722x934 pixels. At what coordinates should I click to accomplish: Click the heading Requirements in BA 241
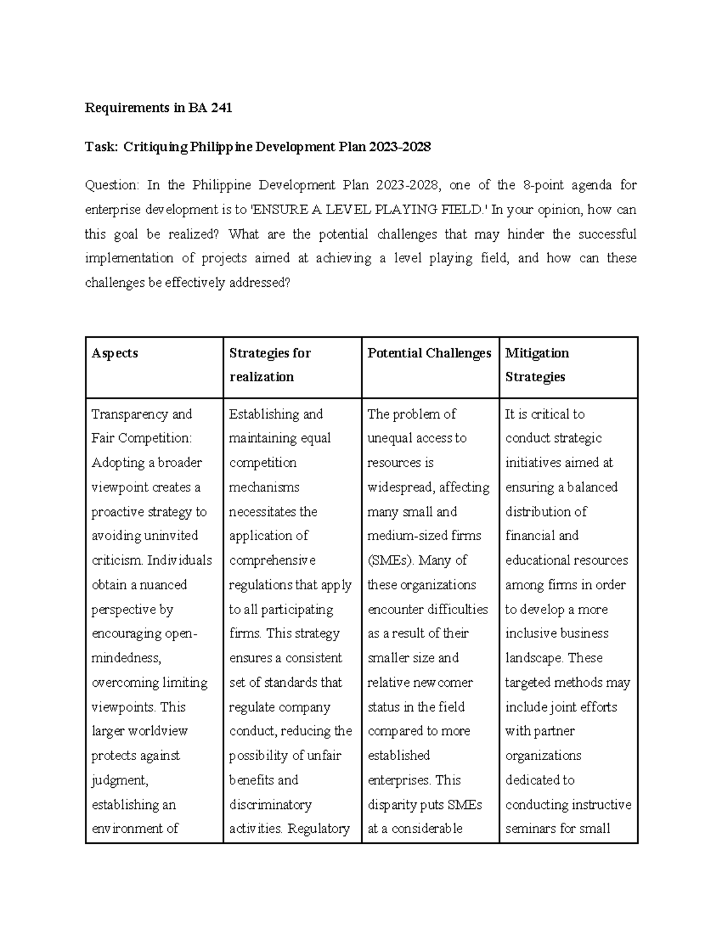tap(158, 108)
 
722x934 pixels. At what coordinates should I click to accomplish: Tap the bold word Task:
tap(102, 147)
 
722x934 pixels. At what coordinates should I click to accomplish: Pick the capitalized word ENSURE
tap(276, 210)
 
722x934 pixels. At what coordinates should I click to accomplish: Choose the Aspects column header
tap(114, 353)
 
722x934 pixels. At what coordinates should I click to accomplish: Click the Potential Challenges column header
tap(429, 353)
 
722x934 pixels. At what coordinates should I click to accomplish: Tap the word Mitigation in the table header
tap(537, 353)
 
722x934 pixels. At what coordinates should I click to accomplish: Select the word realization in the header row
tap(261, 377)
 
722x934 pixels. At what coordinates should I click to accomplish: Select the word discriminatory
tap(270, 805)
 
